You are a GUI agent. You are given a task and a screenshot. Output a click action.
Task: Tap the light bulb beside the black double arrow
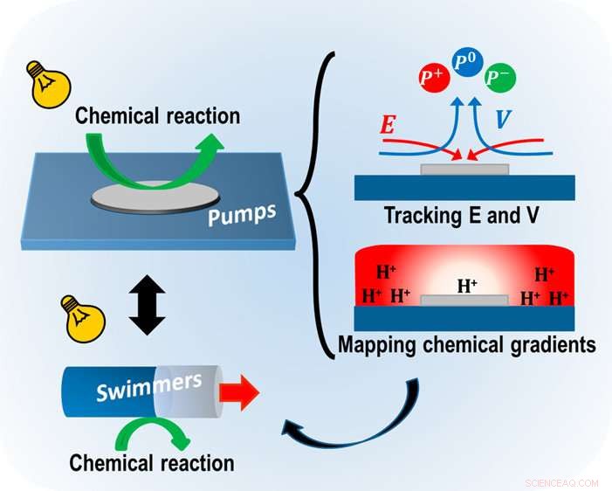coord(73,315)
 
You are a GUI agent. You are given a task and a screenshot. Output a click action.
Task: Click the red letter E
coord(387,124)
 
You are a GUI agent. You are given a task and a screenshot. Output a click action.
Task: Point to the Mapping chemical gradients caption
coord(466,345)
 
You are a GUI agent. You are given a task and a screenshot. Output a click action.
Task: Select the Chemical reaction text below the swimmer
coord(151,462)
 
